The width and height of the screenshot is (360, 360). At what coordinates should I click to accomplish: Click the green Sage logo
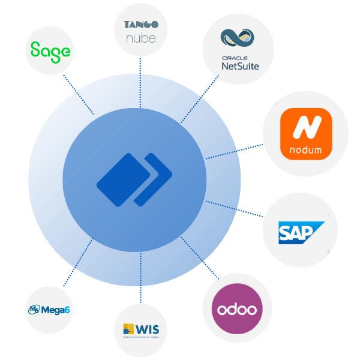pyautogui.click(x=50, y=52)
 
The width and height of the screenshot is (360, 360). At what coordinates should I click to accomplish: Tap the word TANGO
pyautogui.click(x=140, y=25)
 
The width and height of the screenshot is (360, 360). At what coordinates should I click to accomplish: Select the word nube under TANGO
pyautogui.click(x=140, y=38)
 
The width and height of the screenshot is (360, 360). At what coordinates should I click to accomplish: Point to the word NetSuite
pyautogui.click(x=240, y=66)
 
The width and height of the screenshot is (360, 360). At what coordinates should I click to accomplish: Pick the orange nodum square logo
pyautogui.click(x=306, y=134)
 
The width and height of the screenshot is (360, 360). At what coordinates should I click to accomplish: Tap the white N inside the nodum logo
pyautogui.click(x=306, y=127)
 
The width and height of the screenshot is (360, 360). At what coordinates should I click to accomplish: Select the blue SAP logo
pyautogui.click(x=301, y=232)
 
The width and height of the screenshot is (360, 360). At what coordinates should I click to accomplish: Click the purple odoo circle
pyautogui.click(x=238, y=308)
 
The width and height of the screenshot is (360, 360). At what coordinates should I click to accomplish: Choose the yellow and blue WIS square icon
pyautogui.click(x=128, y=329)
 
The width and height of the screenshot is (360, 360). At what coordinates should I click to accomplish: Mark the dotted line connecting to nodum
pyautogui.click(x=251, y=147)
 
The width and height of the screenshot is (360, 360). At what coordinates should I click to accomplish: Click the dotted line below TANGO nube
pyautogui.click(x=140, y=65)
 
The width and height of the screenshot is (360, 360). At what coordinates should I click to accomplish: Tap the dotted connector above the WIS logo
pyautogui.click(x=140, y=294)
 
